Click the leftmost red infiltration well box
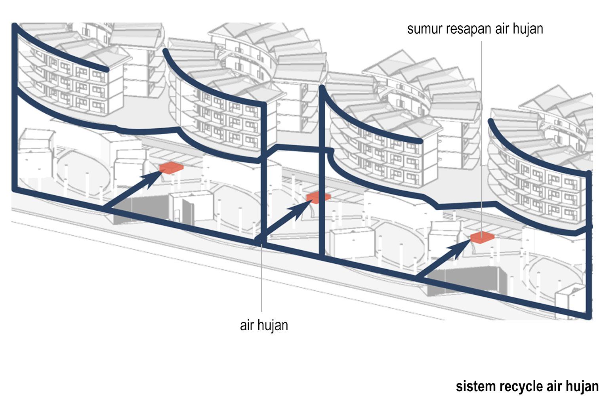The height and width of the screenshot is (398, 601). pos(172,168)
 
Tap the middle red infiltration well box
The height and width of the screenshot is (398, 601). pos(318,197)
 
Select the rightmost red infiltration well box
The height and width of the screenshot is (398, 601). pos(482,237)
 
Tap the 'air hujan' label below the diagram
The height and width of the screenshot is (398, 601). pos(264,325)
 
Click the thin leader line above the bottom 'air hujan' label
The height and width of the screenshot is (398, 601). pos(261,277)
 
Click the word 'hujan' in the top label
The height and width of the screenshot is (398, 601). pos(527,29)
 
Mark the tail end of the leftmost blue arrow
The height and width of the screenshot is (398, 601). pos(105,207)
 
